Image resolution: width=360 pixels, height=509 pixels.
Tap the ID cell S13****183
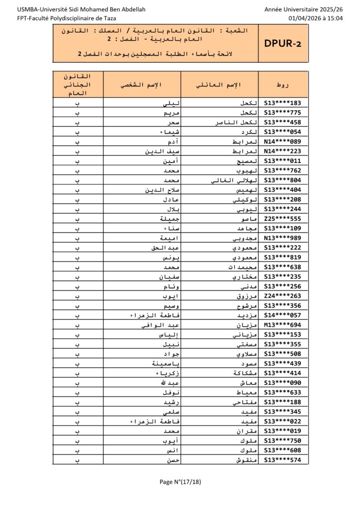coord(282,103)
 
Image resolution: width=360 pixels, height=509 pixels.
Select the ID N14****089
coord(282,142)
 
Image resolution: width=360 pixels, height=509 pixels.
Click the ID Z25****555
coord(282,219)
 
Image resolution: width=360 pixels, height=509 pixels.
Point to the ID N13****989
coord(282,238)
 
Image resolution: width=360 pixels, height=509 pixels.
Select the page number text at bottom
coord(180,482)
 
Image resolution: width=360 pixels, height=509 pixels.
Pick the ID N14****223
coord(282,152)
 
